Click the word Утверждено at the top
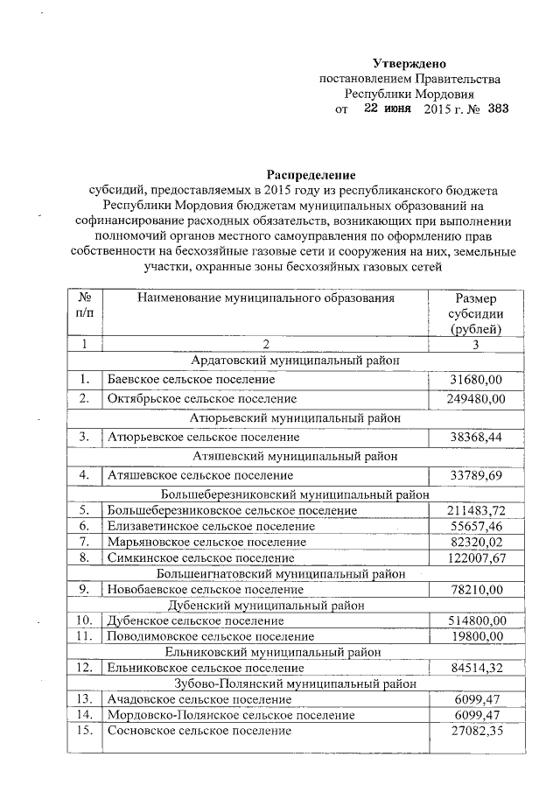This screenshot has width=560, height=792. click(409, 64)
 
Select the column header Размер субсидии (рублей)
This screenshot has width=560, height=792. click(476, 313)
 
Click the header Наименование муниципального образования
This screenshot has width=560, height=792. click(265, 298)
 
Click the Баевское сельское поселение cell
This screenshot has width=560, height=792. click(191, 380)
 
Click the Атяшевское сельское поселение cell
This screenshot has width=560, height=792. click(199, 475)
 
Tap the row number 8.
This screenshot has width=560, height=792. click(85, 557)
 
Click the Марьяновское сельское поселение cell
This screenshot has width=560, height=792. click(206, 542)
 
